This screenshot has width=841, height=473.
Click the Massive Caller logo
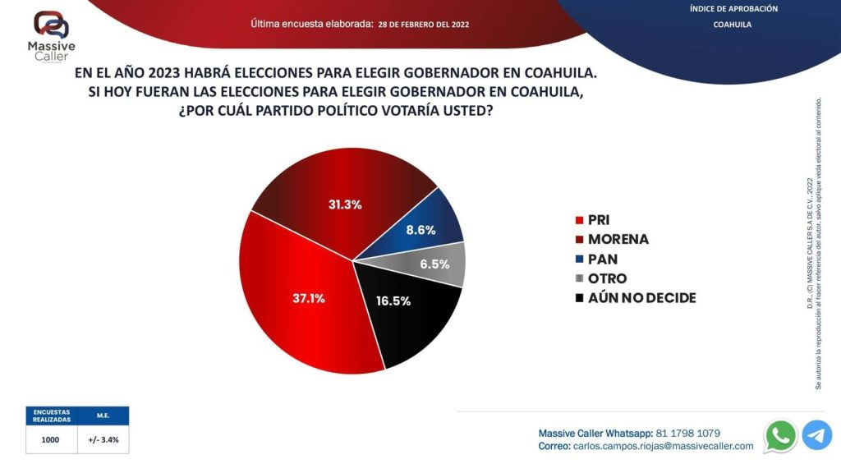[x=52, y=35]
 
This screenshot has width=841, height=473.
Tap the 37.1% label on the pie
[x=309, y=298]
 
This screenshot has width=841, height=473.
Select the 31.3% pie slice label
[x=345, y=204]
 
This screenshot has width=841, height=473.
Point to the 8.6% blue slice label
[x=420, y=230]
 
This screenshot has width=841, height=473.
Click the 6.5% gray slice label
[x=434, y=264]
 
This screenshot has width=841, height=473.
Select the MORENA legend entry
[x=612, y=239]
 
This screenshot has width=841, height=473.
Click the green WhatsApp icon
[x=779, y=435]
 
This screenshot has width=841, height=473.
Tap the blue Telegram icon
[x=817, y=435]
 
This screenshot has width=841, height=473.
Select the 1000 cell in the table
[x=51, y=439]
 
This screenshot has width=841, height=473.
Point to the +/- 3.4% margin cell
[x=103, y=439]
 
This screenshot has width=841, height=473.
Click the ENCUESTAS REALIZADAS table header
[x=51, y=416]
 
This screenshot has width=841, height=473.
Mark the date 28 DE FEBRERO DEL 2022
[x=423, y=25]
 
